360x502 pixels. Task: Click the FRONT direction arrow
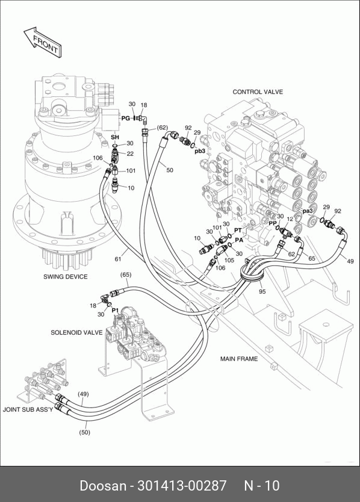coord(43,42)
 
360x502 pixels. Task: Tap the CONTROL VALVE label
coord(258,92)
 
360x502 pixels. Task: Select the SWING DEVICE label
coord(66,277)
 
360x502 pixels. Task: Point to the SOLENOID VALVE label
coord(76,332)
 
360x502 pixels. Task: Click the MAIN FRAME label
coord(239,359)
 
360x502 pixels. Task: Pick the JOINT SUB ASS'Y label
coord(28,409)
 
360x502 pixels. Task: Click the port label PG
coord(126,118)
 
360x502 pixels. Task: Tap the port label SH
coord(115,137)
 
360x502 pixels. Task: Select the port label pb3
coord(200,151)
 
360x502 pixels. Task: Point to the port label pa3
coord(308,211)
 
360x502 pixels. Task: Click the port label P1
coord(116,310)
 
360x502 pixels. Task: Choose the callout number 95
coord(262,291)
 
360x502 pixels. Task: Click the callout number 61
coord(118,259)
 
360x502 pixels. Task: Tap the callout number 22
coord(130,153)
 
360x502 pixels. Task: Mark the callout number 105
coord(229,260)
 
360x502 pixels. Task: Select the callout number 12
coord(290,219)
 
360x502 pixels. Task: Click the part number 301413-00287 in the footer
coord(182,486)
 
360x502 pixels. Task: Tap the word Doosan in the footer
coord(103,486)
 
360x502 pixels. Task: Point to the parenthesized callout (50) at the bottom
coord(84,432)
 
